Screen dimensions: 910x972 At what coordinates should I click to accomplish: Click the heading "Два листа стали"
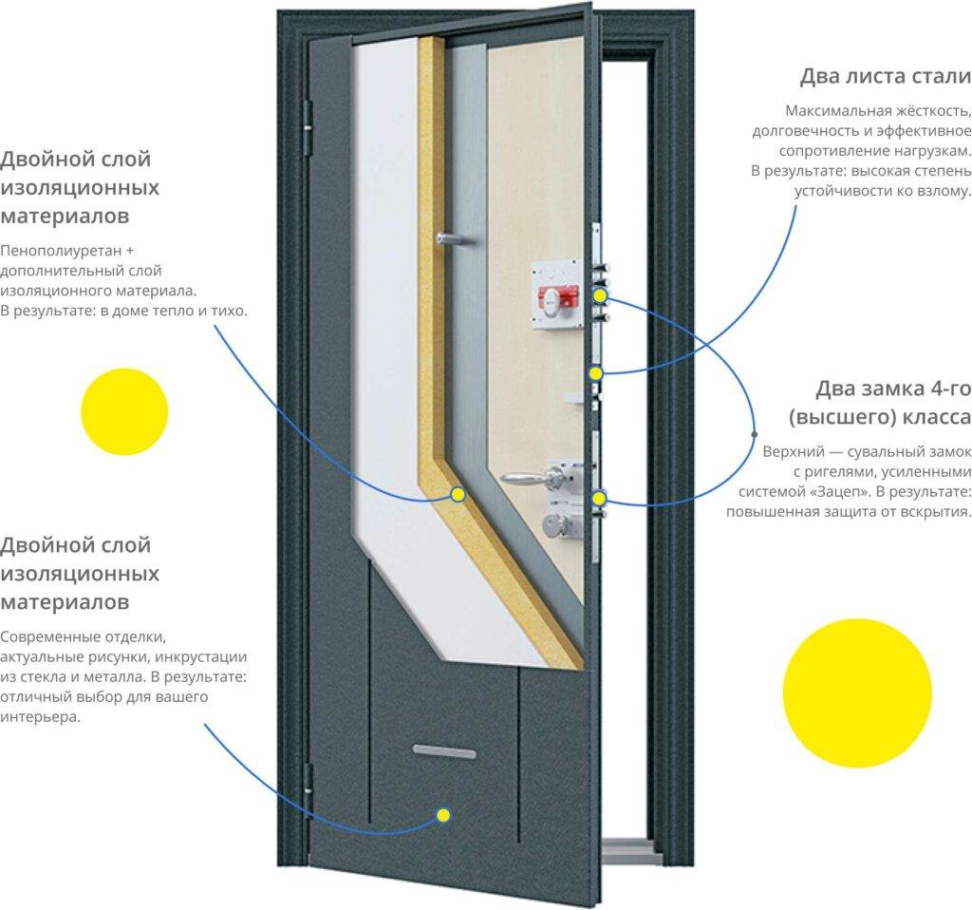point(885,76)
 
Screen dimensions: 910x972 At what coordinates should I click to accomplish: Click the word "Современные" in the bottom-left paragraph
point(50,635)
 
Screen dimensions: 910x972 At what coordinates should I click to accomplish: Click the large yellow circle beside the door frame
point(857,693)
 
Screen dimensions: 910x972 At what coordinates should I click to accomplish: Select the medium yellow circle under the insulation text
point(124,411)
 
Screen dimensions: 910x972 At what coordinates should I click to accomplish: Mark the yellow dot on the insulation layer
point(458,494)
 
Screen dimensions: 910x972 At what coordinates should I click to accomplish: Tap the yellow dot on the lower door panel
point(443,814)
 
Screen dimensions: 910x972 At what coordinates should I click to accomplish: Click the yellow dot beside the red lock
point(600,296)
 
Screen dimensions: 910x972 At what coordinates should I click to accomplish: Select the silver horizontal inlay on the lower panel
point(444,751)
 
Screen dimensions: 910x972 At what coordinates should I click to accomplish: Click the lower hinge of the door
point(308,779)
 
